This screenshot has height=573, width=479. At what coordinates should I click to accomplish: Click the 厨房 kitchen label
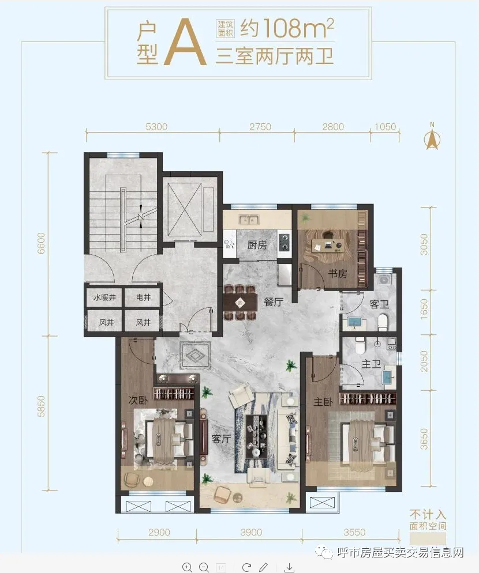click(257, 244)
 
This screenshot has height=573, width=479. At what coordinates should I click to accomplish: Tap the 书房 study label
click(337, 273)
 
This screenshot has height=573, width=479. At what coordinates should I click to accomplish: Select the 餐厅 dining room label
click(274, 302)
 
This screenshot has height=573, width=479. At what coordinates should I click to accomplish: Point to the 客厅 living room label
click(221, 438)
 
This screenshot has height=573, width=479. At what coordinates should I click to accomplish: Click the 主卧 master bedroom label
click(323, 402)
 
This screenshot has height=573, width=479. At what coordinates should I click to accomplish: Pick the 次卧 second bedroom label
click(138, 400)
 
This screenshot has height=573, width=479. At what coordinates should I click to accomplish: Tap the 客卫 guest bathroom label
click(379, 304)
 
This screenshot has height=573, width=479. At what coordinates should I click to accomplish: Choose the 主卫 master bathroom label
click(371, 364)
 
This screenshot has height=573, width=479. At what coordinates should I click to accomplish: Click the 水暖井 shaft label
click(104, 297)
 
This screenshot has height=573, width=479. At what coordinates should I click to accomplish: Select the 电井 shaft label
click(143, 297)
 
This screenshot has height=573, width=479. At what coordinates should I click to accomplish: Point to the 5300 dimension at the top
click(156, 127)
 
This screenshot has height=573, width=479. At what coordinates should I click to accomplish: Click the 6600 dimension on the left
click(41, 243)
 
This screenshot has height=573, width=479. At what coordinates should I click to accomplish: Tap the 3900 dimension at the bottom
click(251, 533)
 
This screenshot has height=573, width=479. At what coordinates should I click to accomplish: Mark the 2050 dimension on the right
click(424, 361)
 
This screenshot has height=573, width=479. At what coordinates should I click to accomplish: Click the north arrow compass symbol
click(432, 136)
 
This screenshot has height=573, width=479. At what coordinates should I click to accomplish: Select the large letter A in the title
click(185, 43)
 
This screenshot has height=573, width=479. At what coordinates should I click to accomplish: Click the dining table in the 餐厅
click(240, 302)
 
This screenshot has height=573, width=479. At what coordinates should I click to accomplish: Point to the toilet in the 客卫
click(383, 322)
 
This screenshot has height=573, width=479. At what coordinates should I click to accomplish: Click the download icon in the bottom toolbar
click(290, 567)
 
